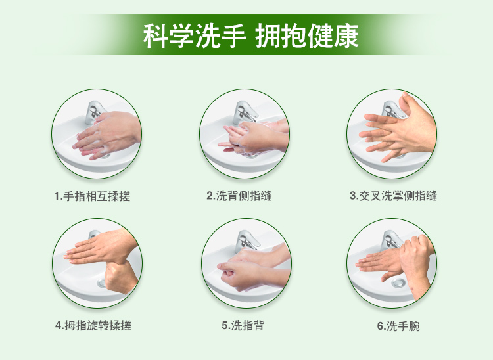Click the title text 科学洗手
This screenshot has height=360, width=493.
coord(194,36)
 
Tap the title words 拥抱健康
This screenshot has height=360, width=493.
coord(306,36)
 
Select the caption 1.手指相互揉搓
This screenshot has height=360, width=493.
coord(92,196)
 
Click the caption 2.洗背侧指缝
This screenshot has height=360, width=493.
coord(239,196)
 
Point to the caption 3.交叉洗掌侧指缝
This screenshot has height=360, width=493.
coord(393,196)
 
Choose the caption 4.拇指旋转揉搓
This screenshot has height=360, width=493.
coord(93,325)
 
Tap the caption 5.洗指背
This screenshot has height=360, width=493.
coord(243,325)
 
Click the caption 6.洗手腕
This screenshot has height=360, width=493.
coord(398,326)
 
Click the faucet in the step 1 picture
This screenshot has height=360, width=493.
coord(93,112)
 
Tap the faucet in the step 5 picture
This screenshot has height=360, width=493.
coord(246,241)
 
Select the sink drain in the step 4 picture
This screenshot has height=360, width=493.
coord(102,282)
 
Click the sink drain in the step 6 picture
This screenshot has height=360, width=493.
coord(398,283)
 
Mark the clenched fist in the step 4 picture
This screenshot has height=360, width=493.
coord(120,277)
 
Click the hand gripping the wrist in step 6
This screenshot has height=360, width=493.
coord(415,264)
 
